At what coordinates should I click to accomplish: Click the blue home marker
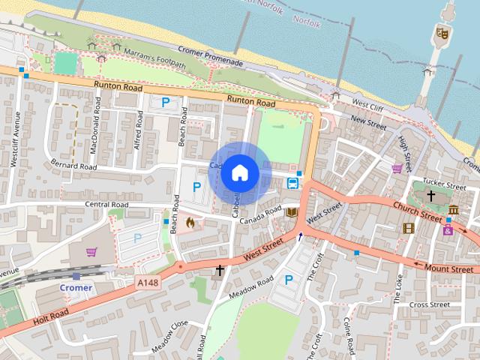pyautogui.click(x=239, y=172)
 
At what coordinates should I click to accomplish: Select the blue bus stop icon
pyautogui.click(x=292, y=181)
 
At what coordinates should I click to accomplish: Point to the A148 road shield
pyautogui.click(x=148, y=282)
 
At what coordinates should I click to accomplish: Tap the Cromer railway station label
pyautogui.click(x=76, y=288)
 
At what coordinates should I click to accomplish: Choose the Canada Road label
pyautogui.click(x=260, y=213)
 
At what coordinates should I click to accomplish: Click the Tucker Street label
pyautogui.click(x=445, y=184)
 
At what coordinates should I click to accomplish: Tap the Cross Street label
pyautogui.click(x=430, y=304)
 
